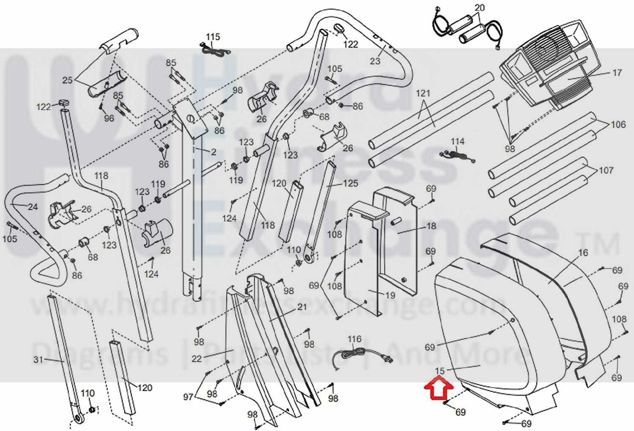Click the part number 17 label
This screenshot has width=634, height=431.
[x=617, y=73]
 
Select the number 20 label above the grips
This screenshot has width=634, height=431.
[x=479, y=8]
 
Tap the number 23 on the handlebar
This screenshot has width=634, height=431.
[x=375, y=61]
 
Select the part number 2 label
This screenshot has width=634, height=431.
[x=214, y=151]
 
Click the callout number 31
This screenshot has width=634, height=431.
[x=38, y=360]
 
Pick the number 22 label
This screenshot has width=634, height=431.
[x=197, y=359]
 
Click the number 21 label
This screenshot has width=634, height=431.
[x=302, y=307]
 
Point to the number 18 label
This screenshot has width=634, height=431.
[x=431, y=226]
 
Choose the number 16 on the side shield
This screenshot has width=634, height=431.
[x=583, y=253]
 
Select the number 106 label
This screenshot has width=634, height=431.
[x=618, y=125]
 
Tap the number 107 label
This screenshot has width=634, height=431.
[x=606, y=170]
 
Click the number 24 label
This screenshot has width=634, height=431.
[x=33, y=207]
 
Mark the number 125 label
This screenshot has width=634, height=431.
[x=350, y=183]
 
